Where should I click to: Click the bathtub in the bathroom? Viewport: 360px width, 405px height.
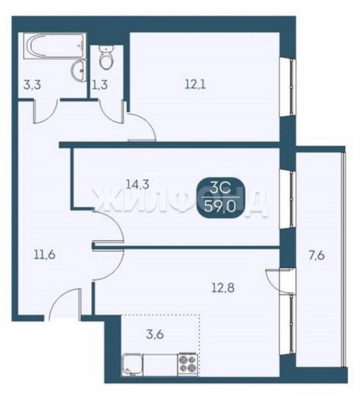(55, 45)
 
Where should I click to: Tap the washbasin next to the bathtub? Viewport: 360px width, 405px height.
(78, 70)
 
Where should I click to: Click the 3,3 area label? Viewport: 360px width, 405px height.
(32, 85)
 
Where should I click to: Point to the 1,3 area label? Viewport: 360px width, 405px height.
(100, 85)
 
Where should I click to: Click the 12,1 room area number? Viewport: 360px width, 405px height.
(195, 84)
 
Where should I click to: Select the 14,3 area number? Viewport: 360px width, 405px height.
(138, 184)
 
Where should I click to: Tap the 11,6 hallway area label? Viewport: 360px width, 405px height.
(45, 255)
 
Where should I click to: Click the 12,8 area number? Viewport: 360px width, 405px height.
(223, 288)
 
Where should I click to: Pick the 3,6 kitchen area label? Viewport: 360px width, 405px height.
(155, 335)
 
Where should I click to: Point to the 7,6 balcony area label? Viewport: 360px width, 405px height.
(317, 256)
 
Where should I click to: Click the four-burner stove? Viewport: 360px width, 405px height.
(188, 364)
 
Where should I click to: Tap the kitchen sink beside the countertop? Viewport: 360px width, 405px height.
(132, 364)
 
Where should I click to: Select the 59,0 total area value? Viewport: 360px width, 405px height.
(220, 206)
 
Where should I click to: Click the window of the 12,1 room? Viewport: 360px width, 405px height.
(288, 87)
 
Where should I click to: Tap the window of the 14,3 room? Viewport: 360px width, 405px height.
(288, 199)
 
